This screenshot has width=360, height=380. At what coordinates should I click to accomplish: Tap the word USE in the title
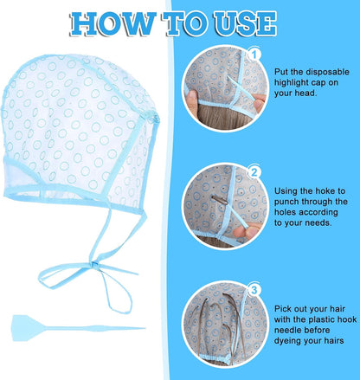(246, 23)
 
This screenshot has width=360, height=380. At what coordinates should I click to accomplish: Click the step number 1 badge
(254, 55)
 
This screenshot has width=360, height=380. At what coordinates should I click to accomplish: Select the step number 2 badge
(254, 172)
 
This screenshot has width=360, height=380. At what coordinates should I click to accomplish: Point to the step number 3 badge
(254, 290)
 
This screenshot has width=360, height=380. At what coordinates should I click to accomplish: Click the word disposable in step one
(327, 72)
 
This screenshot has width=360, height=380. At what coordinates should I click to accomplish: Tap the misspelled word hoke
(325, 191)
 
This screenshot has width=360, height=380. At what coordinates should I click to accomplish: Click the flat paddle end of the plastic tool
(24, 328)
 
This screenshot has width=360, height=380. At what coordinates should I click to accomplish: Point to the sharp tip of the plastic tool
(144, 328)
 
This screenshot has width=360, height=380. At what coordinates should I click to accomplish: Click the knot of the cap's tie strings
(94, 265)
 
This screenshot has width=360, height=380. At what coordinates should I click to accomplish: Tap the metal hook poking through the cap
(220, 199)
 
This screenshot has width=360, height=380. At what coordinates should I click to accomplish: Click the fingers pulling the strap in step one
(258, 103)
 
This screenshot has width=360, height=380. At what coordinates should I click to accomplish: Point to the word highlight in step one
(289, 83)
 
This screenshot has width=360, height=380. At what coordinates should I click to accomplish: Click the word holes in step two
(286, 212)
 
